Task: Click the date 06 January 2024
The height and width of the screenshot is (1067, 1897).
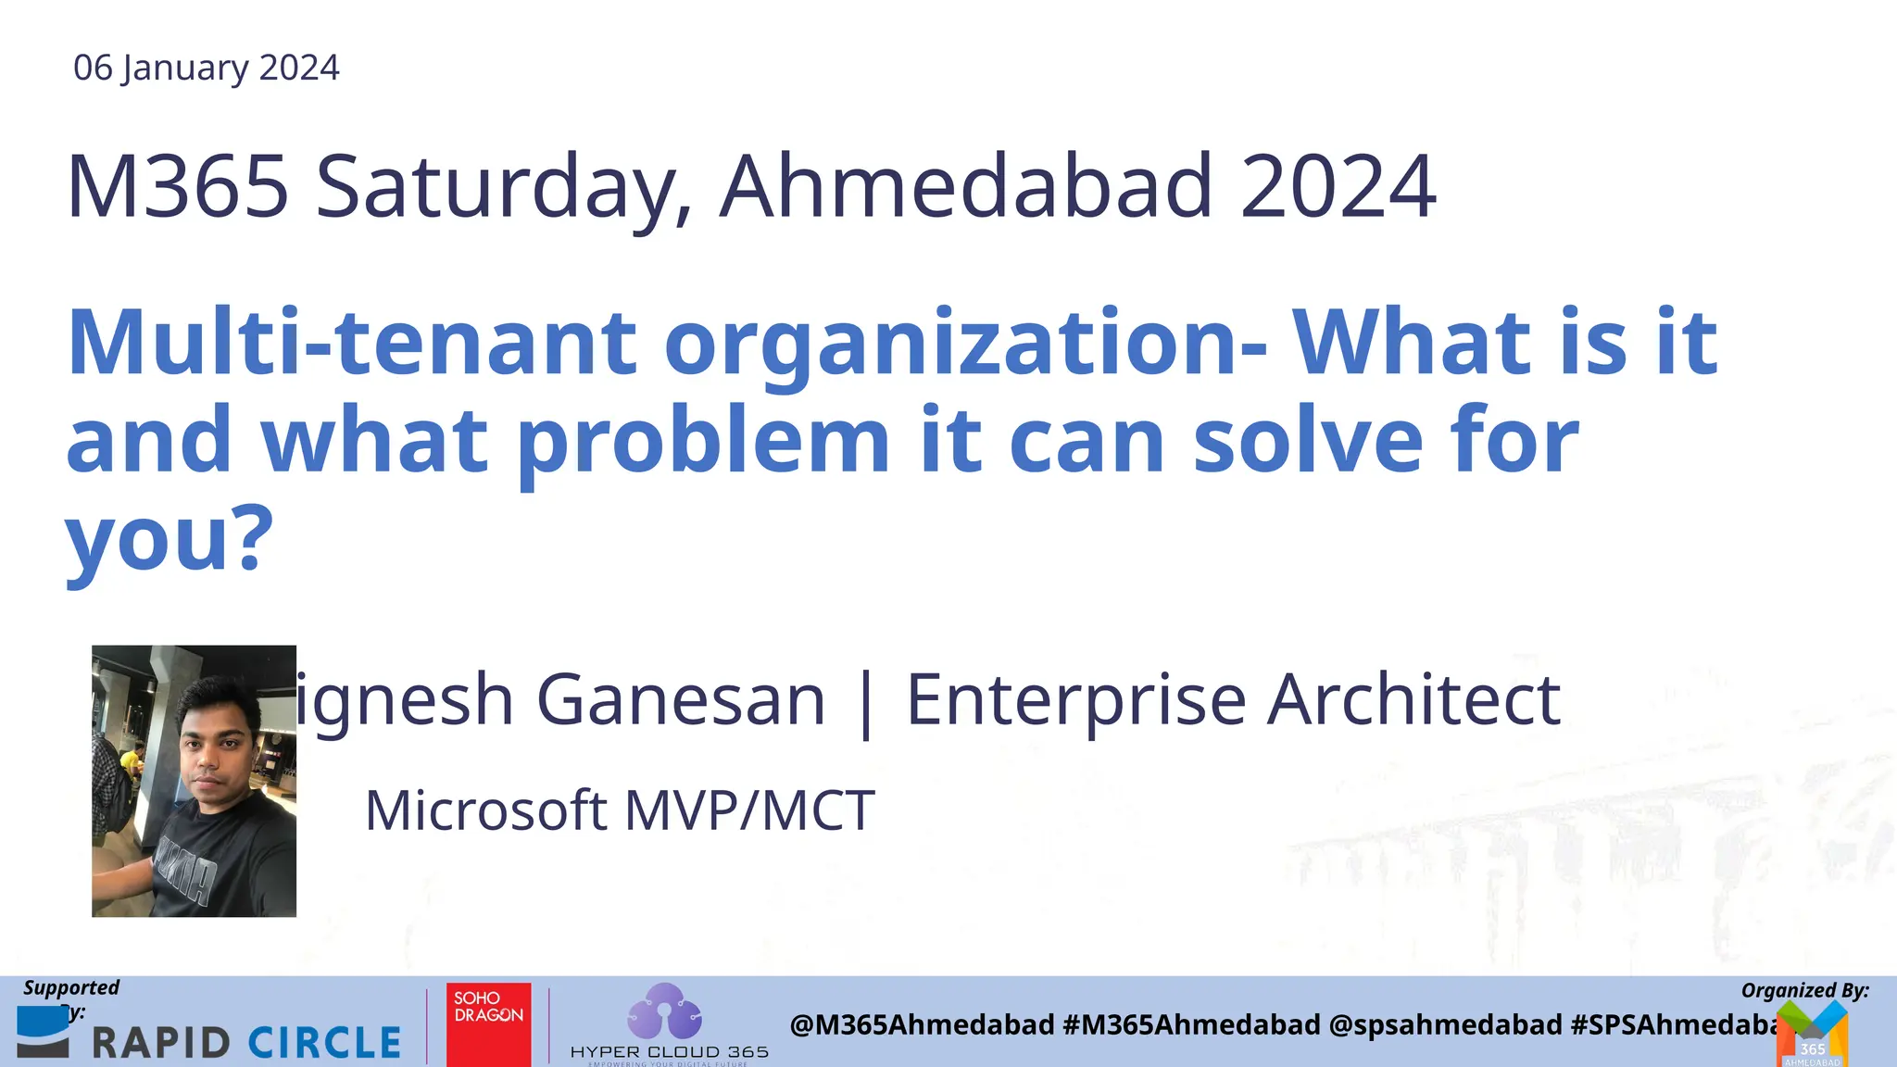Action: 206,68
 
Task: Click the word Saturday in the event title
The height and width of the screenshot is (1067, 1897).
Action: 504,188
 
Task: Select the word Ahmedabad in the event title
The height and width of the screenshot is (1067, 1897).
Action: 966,186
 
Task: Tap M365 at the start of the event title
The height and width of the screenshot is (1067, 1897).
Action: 177,186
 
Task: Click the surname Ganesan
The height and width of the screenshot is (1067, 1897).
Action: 681,699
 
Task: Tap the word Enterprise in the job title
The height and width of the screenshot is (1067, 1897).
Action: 1075,701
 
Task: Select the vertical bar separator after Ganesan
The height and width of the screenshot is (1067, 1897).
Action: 866,704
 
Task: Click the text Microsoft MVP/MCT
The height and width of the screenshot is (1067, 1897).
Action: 620,810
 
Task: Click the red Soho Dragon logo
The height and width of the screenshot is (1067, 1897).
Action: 488,1024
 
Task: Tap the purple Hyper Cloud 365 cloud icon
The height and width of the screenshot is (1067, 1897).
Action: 664,1011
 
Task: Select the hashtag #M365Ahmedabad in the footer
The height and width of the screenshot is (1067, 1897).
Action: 1191,1024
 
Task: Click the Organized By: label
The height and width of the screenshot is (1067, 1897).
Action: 1804,990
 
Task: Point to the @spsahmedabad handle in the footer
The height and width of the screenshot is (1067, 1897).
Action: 1445,1024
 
